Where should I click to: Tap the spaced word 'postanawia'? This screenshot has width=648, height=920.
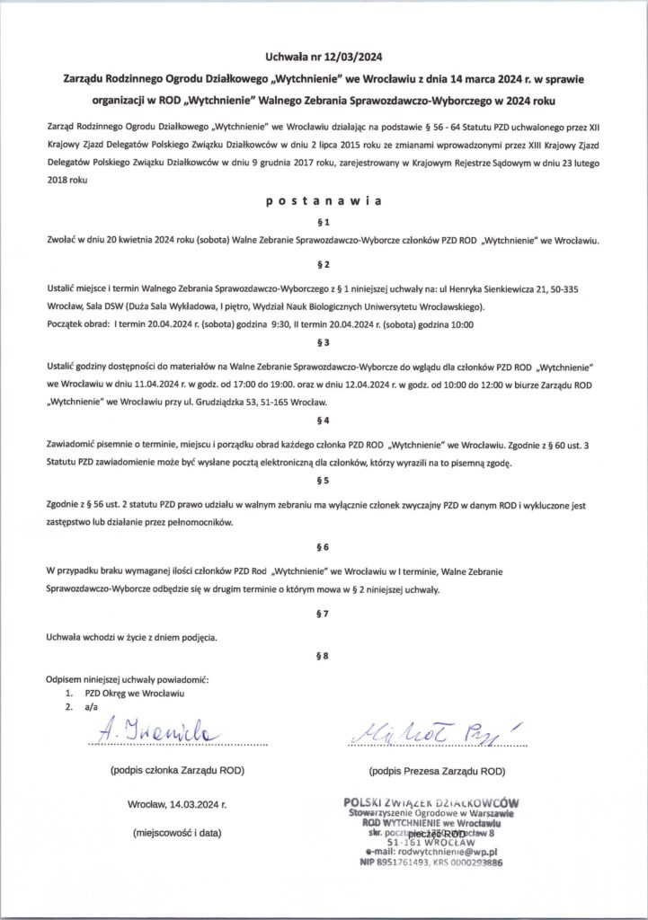tap(324, 202)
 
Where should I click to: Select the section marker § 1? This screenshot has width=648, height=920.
tap(324, 221)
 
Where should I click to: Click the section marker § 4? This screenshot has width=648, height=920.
tap(324, 420)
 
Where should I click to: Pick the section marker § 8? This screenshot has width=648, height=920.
tap(324, 656)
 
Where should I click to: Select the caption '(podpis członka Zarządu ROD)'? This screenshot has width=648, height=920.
tap(175, 771)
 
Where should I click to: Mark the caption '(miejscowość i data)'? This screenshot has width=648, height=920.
tap(175, 833)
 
